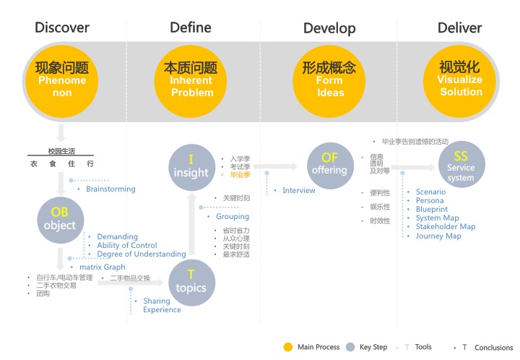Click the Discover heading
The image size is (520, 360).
point(62,28)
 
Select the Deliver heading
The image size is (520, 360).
point(459,28)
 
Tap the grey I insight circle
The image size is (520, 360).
point(191,166)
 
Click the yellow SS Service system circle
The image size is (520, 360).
point(461,166)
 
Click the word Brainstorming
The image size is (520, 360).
point(110,189)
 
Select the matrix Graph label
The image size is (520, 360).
point(102,267)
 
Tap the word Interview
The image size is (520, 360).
point(299,191)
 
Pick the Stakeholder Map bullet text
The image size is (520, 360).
point(445,227)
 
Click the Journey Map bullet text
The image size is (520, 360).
point(438,236)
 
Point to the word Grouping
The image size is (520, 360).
point(233,216)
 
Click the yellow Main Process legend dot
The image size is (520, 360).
point(288,347)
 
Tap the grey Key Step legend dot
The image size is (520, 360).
point(350,347)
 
